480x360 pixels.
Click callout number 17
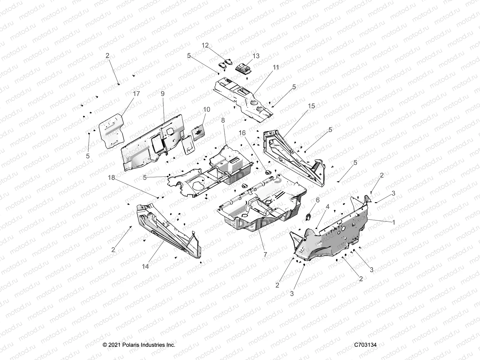136,94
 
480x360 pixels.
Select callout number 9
162,94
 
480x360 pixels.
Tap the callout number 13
256,56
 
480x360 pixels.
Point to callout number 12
205,45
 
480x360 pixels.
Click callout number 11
276,67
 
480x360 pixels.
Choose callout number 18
111,178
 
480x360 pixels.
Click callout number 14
145,266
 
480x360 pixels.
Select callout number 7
265,254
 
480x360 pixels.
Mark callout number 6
318,200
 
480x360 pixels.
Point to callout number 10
207,109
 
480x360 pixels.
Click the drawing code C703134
365,345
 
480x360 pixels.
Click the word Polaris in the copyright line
129,345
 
